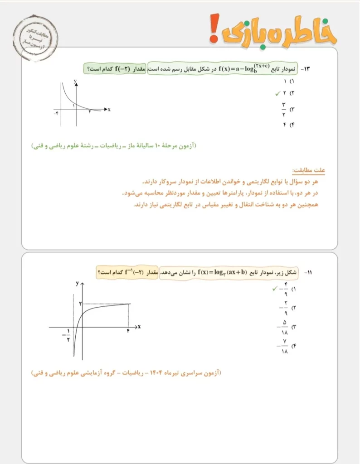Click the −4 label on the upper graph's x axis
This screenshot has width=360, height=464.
click(56, 113)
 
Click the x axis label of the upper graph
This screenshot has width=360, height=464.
click(110, 110)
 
